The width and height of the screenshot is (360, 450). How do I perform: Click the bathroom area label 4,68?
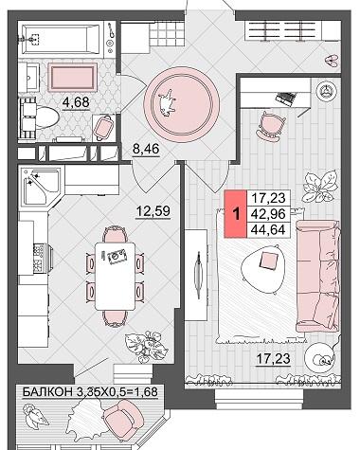[x=76, y=102]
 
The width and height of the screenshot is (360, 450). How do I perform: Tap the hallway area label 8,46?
[x=146, y=149]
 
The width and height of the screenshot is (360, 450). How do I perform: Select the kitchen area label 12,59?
[x=153, y=210]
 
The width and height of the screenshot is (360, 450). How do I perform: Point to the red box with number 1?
[x=235, y=214]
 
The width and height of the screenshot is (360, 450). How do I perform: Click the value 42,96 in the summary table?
[x=268, y=214]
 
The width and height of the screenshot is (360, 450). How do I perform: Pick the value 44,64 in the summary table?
[x=268, y=229]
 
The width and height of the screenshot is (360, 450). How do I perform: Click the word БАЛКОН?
[x=47, y=392]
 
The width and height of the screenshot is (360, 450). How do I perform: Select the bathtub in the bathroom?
[x=63, y=40]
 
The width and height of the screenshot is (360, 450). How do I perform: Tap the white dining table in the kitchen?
[x=115, y=276]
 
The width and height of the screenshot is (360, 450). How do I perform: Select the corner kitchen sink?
[x=42, y=187]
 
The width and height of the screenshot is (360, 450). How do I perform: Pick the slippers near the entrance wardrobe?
[x=332, y=60]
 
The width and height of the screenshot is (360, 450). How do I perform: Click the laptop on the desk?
[x=286, y=97]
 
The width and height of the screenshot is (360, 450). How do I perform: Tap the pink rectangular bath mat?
[x=72, y=77]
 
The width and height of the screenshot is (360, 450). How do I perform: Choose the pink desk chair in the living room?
[x=271, y=126]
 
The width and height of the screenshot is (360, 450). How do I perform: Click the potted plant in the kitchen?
[x=146, y=345]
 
